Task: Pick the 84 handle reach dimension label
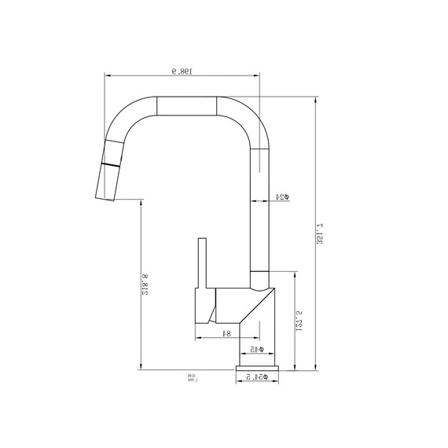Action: tap(226, 333)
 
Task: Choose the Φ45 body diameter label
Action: tap(256, 348)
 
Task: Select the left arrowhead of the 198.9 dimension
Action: tap(108, 76)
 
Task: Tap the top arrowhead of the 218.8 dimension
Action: tap(140, 201)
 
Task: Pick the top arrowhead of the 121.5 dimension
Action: tap(294, 273)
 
